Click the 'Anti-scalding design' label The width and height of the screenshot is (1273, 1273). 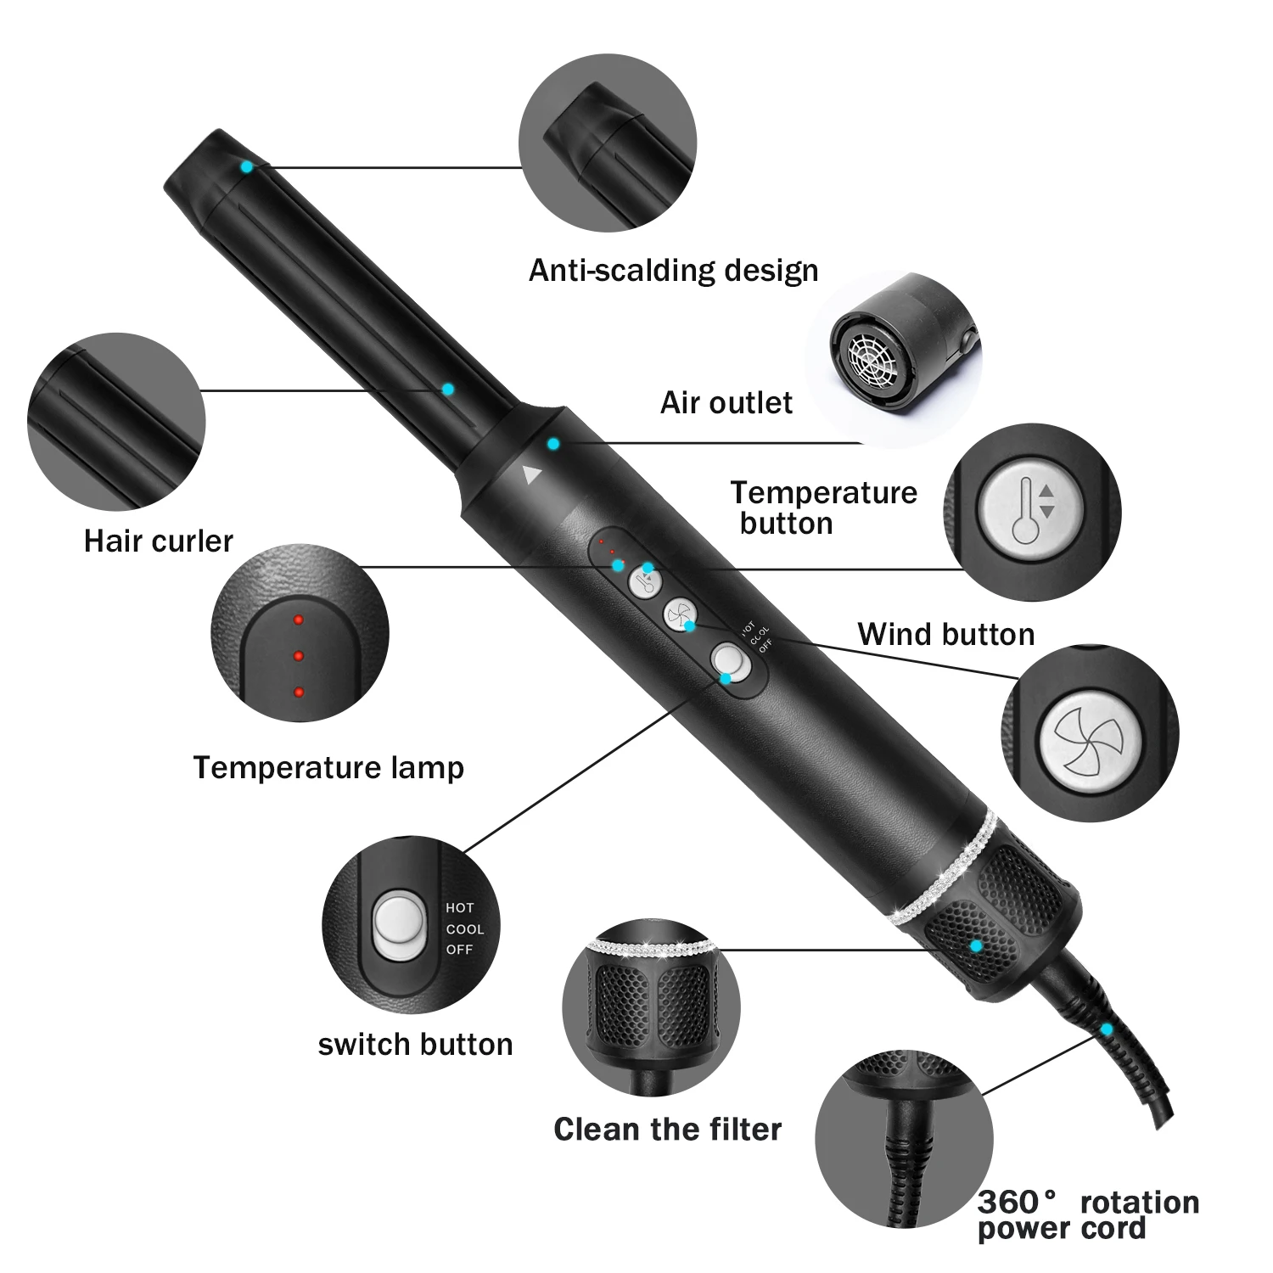click(x=673, y=271)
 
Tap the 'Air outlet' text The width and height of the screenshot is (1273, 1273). click(x=726, y=402)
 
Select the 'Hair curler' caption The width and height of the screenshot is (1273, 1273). click(x=158, y=541)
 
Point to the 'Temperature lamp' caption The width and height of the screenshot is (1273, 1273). click(x=328, y=767)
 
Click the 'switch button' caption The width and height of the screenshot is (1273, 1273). click(x=415, y=1044)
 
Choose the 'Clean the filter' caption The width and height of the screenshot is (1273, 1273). click(x=667, y=1130)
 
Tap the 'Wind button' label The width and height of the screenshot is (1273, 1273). click(x=945, y=634)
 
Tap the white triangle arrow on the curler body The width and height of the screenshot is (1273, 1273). click(x=531, y=474)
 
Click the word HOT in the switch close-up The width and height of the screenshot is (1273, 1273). click(x=460, y=908)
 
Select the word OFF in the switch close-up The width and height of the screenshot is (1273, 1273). click(x=459, y=950)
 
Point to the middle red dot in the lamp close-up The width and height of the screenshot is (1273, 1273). click(x=298, y=656)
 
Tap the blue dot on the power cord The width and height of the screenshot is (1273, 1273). click(x=1107, y=1029)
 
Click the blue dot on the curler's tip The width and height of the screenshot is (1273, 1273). click(x=246, y=167)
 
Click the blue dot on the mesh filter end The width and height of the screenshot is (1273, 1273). click(x=976, y=945)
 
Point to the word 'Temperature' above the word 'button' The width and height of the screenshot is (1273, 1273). click(x=823, y=493)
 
